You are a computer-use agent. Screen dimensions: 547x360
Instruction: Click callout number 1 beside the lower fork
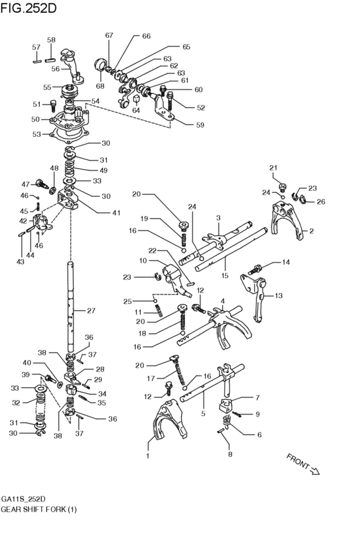(x=148, y=457)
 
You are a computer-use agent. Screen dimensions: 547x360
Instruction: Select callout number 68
(x=100, y=85)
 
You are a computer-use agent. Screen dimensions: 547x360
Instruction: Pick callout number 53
(x=36, y=134)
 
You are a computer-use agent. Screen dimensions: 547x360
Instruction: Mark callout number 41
(x=98, y=212)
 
